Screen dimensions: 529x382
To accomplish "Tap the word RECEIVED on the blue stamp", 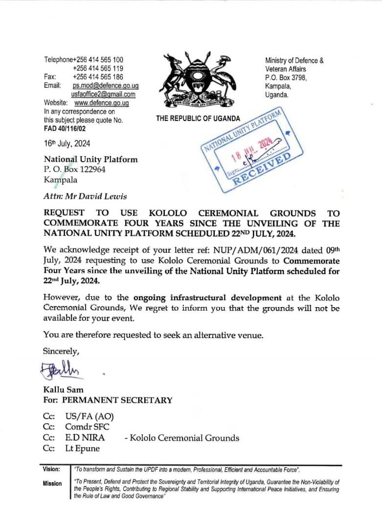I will tap(262, 169).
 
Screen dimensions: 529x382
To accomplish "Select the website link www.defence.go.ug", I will tap(101, 103).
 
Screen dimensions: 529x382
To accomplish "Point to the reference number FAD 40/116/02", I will tap(66, 129).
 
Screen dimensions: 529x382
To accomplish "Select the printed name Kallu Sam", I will tap(63, 390).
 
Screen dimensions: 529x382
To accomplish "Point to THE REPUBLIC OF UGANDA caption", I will tap(198, 119).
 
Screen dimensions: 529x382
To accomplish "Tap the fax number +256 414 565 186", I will tap(98, 77).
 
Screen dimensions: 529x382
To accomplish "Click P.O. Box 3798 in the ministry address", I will tap(286, 77).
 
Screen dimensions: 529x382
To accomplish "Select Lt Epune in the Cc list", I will tap(82, 448).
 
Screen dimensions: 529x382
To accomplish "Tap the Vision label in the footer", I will tap(52, 469).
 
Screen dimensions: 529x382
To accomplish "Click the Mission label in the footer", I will tap(52, 483).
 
